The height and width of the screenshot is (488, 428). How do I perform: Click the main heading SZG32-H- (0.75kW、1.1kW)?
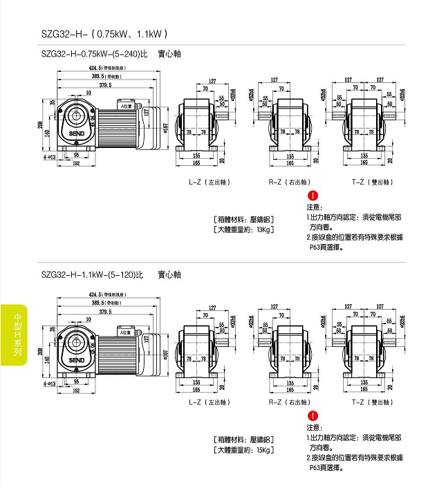104,33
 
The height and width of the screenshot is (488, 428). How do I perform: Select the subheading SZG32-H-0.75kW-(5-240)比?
94,54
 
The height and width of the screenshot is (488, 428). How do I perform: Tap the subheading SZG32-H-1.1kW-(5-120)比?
92,274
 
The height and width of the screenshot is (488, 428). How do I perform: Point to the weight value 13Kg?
265,229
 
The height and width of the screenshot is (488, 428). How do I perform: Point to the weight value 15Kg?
265,450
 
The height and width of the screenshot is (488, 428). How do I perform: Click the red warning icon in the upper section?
313,197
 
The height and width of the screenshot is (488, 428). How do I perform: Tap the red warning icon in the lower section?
313,415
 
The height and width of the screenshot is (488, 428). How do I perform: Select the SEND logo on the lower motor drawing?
76,359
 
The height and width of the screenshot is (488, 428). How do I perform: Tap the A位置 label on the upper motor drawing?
127,107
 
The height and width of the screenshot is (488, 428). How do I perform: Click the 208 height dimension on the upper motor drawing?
42,125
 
